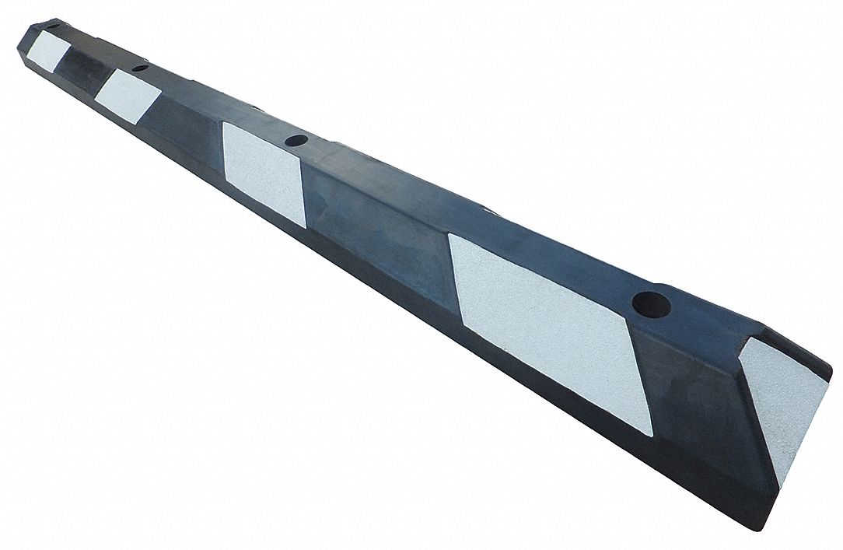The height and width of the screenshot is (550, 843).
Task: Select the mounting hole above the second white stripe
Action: [x=140, y=68]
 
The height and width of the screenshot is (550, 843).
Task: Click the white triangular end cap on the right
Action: [x=785, y=412]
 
